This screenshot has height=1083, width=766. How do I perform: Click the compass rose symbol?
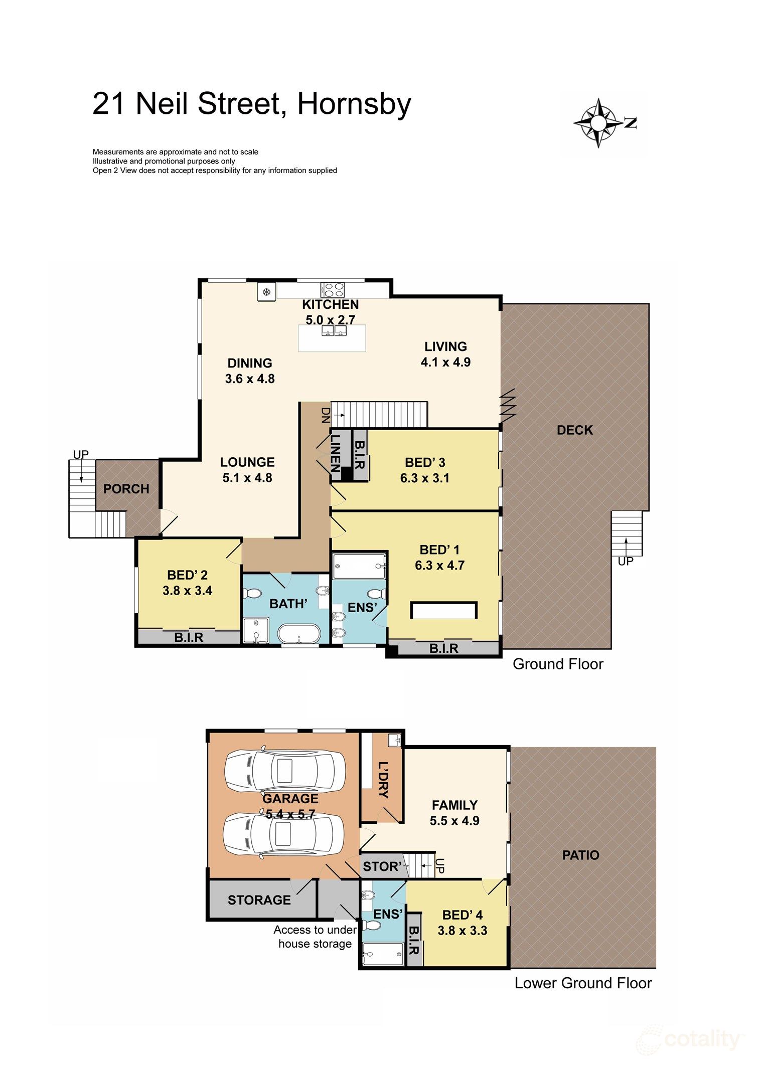pos(598,123)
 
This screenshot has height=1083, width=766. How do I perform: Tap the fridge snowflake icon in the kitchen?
pos(267,291)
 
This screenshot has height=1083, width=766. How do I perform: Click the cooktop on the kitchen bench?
pos(333,290)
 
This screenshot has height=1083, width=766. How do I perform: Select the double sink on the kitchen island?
pos(334,331)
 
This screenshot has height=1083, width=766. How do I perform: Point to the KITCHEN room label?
pos(330,304)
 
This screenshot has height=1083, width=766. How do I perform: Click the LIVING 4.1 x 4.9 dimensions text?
pos(445,362)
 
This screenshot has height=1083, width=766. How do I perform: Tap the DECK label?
pos(575,430)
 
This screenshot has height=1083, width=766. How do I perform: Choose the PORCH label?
pos(126,489)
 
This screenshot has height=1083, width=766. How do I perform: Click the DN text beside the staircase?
pos(326,415)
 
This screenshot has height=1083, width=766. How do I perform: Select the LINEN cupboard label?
pos(335,453)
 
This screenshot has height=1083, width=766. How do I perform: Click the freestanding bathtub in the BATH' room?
pos(299,633)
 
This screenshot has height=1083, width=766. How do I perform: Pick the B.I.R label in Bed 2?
pos(189,637)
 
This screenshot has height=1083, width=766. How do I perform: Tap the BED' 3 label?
pos(425,462)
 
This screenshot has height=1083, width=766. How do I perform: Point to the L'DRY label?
pos(383,780)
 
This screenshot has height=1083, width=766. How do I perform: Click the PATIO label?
pos(580,855)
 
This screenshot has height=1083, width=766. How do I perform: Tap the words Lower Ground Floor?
pos(583,983)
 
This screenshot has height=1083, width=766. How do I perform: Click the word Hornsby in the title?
pos(354,104)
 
